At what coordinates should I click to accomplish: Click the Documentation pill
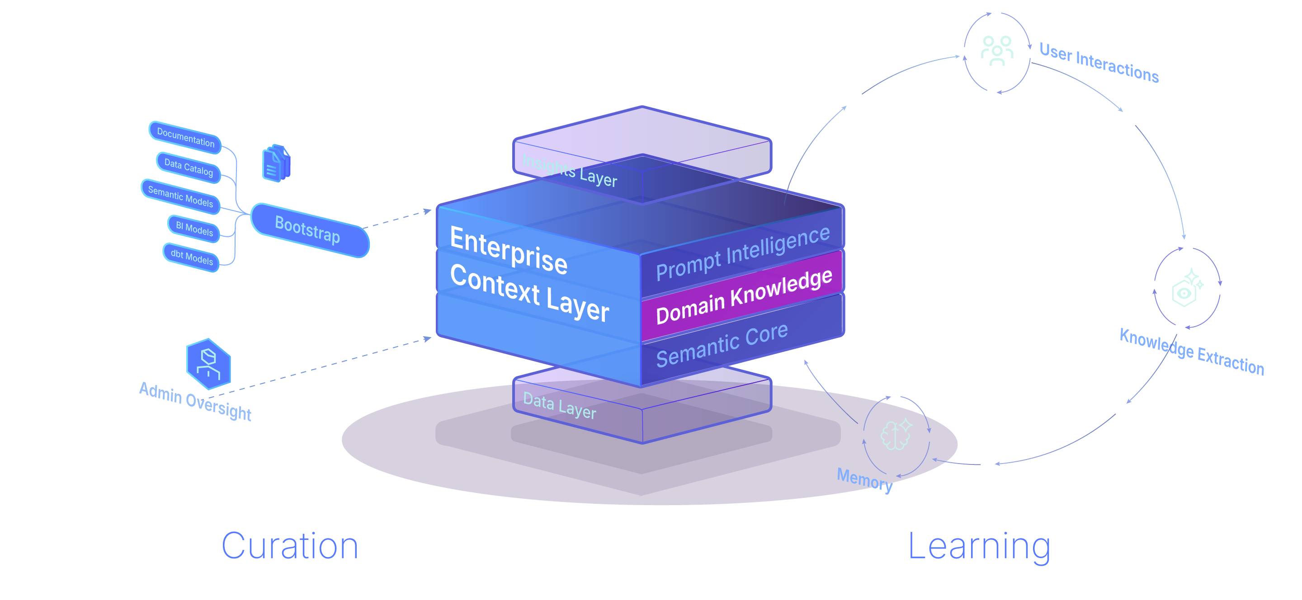[x=185, y=137]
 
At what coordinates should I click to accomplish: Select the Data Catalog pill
[x=189, y=167]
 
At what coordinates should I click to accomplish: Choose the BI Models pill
[x=194, y=228]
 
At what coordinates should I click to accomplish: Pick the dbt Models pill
[x=192, y=257]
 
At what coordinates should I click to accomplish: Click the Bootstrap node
[x=309, y=230]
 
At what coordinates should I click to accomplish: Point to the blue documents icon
[x=276, y=163]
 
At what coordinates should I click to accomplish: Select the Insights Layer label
[x=569, y=170]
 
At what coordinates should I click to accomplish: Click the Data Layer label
[x=560, y=405]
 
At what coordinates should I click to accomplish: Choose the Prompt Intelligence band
[x=742, y=253]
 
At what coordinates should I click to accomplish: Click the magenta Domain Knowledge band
[x=743, y=296]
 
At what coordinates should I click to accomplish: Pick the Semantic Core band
[x=722, y=346]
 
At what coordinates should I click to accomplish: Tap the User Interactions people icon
[x=997, y=51]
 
